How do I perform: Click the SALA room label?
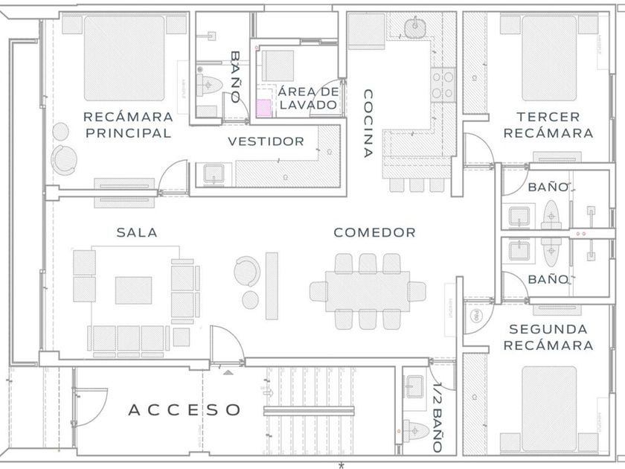pyautogui.click(x=137, y=232)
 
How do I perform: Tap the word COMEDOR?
pyautogui.click(x=374, y=232)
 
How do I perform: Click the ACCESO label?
pyautogui.click(x=185, y=409)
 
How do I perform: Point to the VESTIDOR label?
pyautogui.click(x=266, y=141)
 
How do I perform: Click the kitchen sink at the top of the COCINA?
pyautogui.click(x=414, y=29)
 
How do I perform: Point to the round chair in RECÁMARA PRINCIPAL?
pyautogui.click(x=65, y=159)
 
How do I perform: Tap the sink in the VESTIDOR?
pyautogui.click(x=214, y=176)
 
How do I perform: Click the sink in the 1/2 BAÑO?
pyautogui.click(x=414, y=386)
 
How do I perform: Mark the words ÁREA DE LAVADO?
pyautogui.click(x=308, y=98)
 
